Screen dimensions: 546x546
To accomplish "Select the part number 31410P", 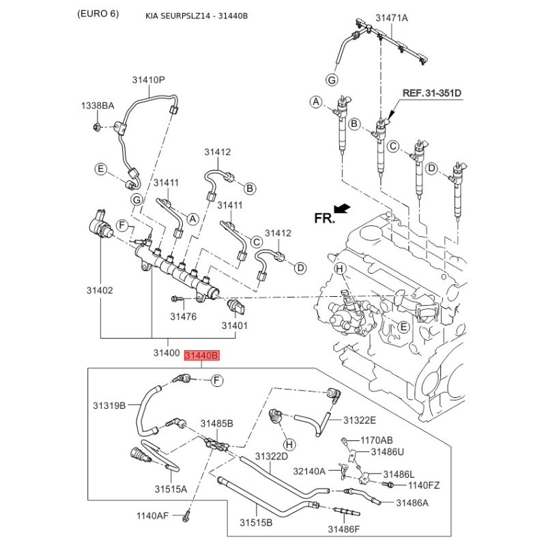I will pos(149,80).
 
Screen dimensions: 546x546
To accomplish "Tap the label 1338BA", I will pos(98,106).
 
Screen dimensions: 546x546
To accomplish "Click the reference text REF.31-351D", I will pos(431,93).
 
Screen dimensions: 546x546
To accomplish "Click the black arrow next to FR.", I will pos(343,208).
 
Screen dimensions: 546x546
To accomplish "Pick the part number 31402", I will pos(99,290).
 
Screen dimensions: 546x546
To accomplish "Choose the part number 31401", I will pos(235,326).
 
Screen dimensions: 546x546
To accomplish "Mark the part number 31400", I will pos(166,354).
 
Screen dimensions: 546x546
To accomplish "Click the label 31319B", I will pos(109,405).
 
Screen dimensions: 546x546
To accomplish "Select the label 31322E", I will pos(360,420).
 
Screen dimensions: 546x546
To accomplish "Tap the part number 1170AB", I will pos(377,440).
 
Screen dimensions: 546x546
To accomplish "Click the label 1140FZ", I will pos(424,485).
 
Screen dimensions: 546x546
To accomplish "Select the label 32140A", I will pos(310,470).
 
